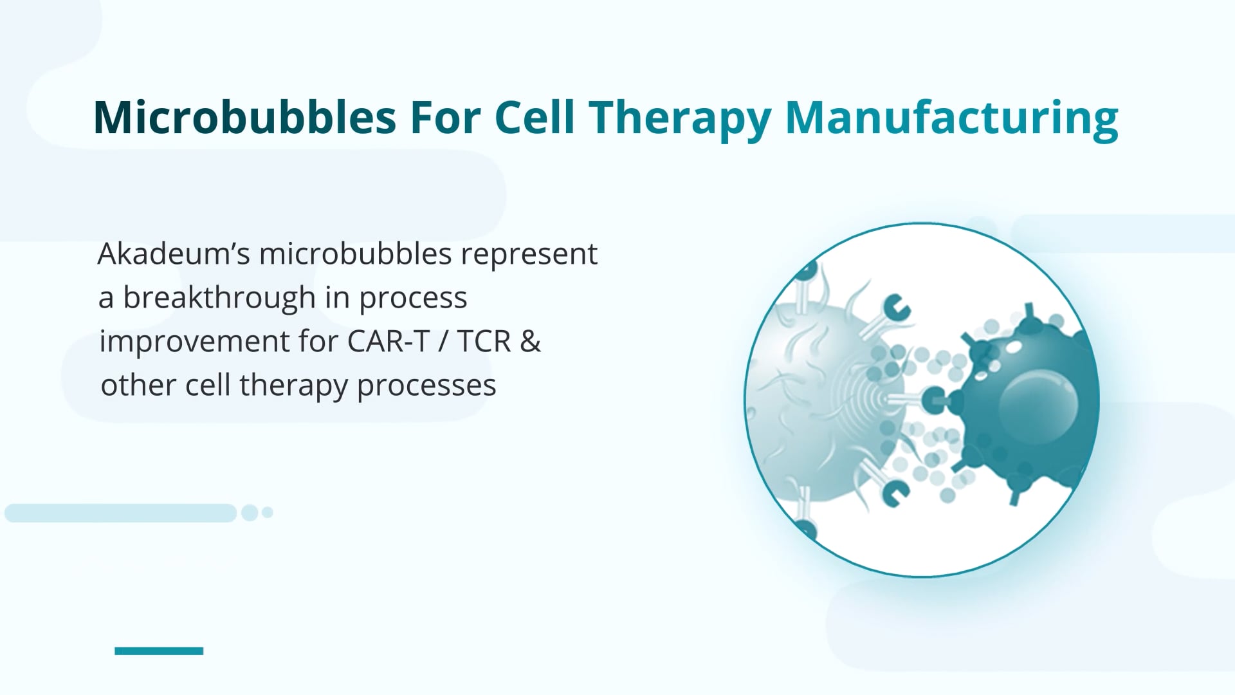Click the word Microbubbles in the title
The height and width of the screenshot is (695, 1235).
[244, 118]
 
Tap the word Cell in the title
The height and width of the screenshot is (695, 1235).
[534, 118]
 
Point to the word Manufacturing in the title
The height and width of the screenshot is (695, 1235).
[951, 119]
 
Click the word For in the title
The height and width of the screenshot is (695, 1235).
[445, 118]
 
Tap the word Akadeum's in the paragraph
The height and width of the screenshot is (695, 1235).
[173, 254]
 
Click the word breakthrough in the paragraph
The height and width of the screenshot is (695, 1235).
[219, 297]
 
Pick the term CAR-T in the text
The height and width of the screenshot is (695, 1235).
[388, 341]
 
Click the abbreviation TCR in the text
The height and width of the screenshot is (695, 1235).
[484, 341]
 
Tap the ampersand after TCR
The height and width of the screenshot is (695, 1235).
[530, 341]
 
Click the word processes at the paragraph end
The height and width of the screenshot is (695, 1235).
[426, 385]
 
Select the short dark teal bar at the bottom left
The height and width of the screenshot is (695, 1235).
[159, 651]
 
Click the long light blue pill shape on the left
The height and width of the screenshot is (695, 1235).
[120, 513]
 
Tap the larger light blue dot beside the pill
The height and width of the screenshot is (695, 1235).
[250, 513]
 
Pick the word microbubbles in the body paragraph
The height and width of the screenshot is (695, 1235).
[356, 254]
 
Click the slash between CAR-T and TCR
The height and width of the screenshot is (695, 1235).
[443, 341]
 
